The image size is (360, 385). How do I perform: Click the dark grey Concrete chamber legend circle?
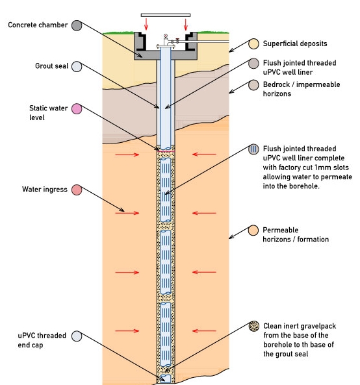point(77,25)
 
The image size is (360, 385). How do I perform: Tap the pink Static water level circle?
point(77,109)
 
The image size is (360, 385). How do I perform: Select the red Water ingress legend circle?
point(77,190)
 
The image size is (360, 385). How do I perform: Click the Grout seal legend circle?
point(77,66)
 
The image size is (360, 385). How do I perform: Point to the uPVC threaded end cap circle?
point(77,336)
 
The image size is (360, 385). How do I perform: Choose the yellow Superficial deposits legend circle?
point(253,44)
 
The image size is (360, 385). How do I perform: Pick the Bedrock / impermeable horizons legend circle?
point(253,85)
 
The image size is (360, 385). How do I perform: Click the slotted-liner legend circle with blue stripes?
point(253,149)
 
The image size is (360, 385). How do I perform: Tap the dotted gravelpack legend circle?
point(254,326)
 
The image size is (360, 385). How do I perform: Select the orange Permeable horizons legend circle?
point(253,230)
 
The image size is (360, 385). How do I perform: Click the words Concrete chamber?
point(38,25)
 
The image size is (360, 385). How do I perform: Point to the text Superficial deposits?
point(295,43)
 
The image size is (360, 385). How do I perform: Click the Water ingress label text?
point(45,190)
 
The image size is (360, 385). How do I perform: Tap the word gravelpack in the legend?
point(318,326)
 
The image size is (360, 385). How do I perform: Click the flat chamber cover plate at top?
point(166,15)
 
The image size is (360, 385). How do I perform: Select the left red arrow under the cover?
point(146,24)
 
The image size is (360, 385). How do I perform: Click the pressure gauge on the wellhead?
point(166,36)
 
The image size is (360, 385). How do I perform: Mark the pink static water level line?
point(166,151)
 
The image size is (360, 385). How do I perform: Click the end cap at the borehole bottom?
point(166,379)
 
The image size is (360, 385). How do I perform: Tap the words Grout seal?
point(51,66)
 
